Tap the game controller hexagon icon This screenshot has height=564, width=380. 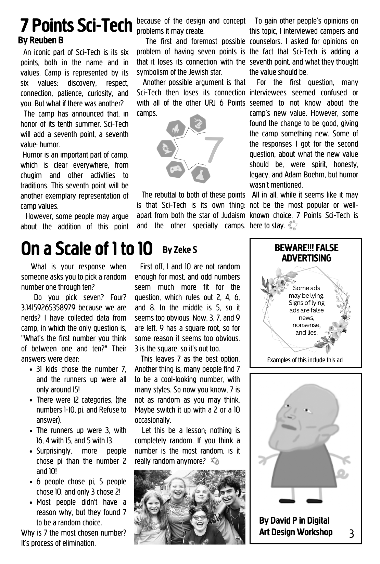(x=175, y=169)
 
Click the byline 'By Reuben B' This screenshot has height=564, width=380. (x=41, y=41)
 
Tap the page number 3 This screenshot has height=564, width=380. (x=352, y=534)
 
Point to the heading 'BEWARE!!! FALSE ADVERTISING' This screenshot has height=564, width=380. (x=306, y=253)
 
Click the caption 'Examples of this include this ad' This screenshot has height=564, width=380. (x=305, y=360)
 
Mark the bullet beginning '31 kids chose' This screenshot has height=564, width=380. (x=81, y=379)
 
